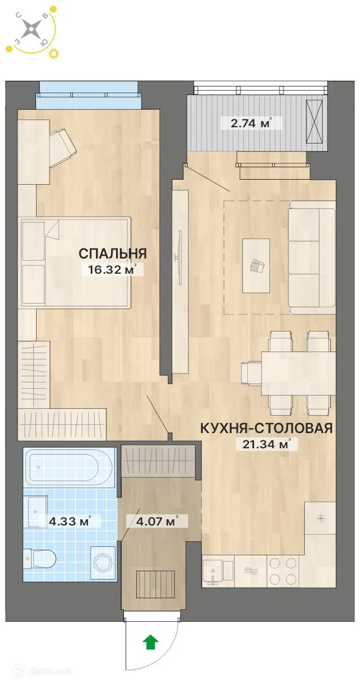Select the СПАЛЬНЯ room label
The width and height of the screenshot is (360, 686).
[113, 253]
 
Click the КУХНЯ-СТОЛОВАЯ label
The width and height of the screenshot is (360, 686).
[266, 428]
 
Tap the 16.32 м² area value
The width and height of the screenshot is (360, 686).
[111, 270]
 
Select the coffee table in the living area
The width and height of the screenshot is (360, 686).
[256, 265]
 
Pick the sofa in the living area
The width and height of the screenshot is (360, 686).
[312, 260]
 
